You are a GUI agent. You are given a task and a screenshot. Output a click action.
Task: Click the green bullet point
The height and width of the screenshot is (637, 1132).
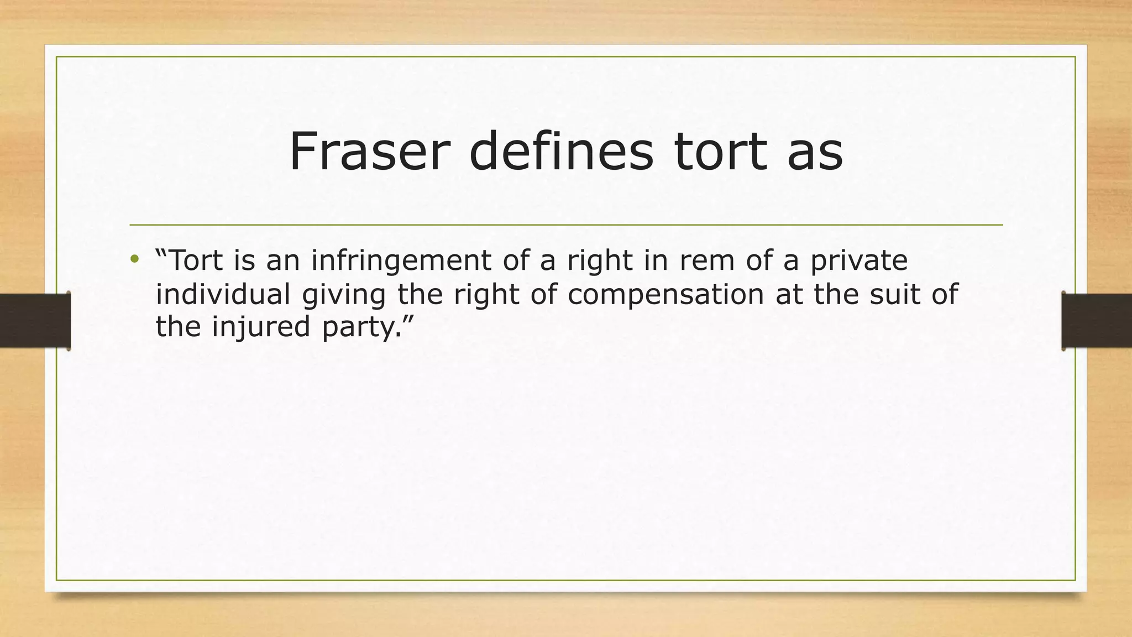[x=134, y=259]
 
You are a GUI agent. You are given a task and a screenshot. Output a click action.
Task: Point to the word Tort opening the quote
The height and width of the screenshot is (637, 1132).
[x=196, y=260]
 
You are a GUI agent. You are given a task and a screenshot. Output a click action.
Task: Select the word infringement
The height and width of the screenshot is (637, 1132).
[x=401, y=260]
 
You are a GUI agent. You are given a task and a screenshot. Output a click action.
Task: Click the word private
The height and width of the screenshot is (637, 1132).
[x=859, y=260]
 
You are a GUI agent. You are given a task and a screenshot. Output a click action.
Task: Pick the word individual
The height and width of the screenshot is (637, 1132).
[x=223, y=294]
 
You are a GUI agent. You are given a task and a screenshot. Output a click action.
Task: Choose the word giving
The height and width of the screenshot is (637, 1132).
[x=343, y=295]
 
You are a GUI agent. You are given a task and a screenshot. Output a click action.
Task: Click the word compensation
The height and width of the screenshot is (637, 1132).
[x=665, y=295]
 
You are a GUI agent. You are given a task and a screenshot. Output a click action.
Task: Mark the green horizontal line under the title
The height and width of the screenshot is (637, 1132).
[x=566, y=225]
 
